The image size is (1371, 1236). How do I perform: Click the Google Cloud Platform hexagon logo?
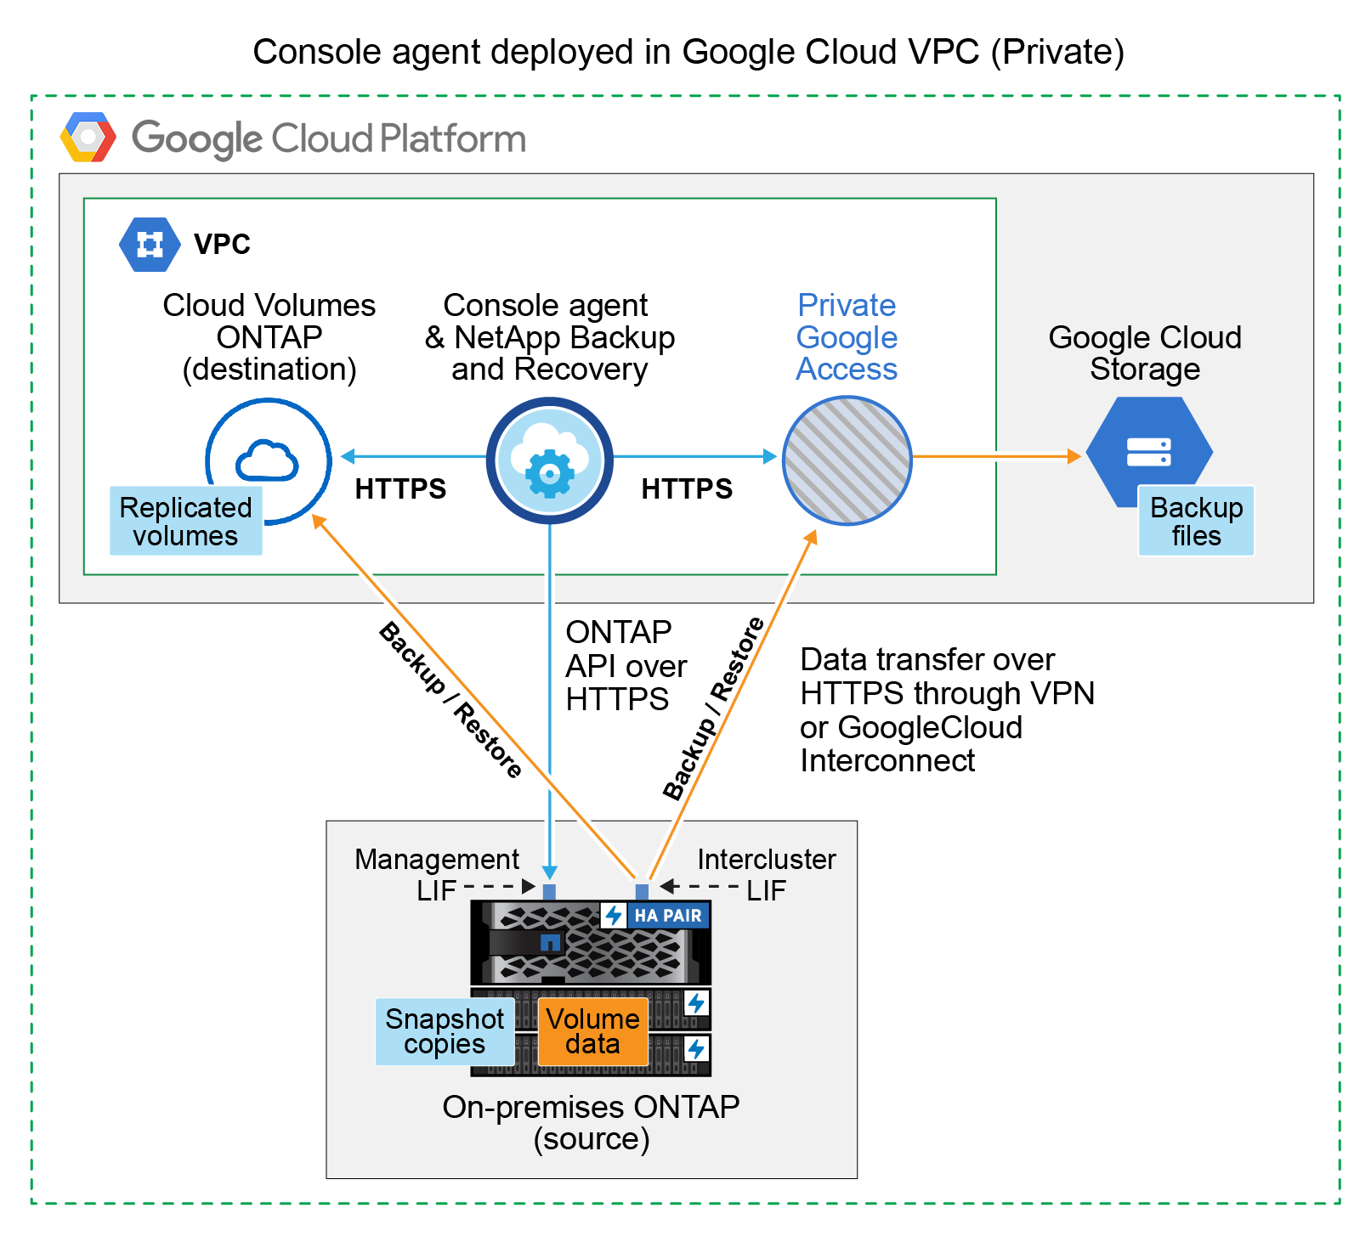point(88,137)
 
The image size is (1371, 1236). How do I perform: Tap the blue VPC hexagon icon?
point(150,245)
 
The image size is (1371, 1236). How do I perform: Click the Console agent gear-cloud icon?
point(550,460)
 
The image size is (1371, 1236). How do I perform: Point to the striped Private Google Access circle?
point(847,460)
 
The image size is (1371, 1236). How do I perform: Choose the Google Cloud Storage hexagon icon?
point(1149,452)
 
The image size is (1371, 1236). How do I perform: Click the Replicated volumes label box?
point(186,522)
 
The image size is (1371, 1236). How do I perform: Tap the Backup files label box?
point(1196,522)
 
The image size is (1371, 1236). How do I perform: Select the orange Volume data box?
point(592,1031)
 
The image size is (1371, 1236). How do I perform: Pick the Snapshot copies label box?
point(445,1031)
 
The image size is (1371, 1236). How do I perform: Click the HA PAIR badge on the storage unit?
point(656,916)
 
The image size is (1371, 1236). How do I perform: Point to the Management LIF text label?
point(436,874)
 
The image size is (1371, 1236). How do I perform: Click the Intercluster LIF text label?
point(766,874)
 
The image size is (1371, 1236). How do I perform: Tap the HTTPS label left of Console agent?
point(400,489)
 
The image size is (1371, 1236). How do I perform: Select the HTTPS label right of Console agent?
point(687,489)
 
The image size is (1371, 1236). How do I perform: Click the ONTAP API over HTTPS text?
point(626,666)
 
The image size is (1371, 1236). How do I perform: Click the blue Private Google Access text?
point(847,337)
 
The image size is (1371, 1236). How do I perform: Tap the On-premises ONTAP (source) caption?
point(592,1122)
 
